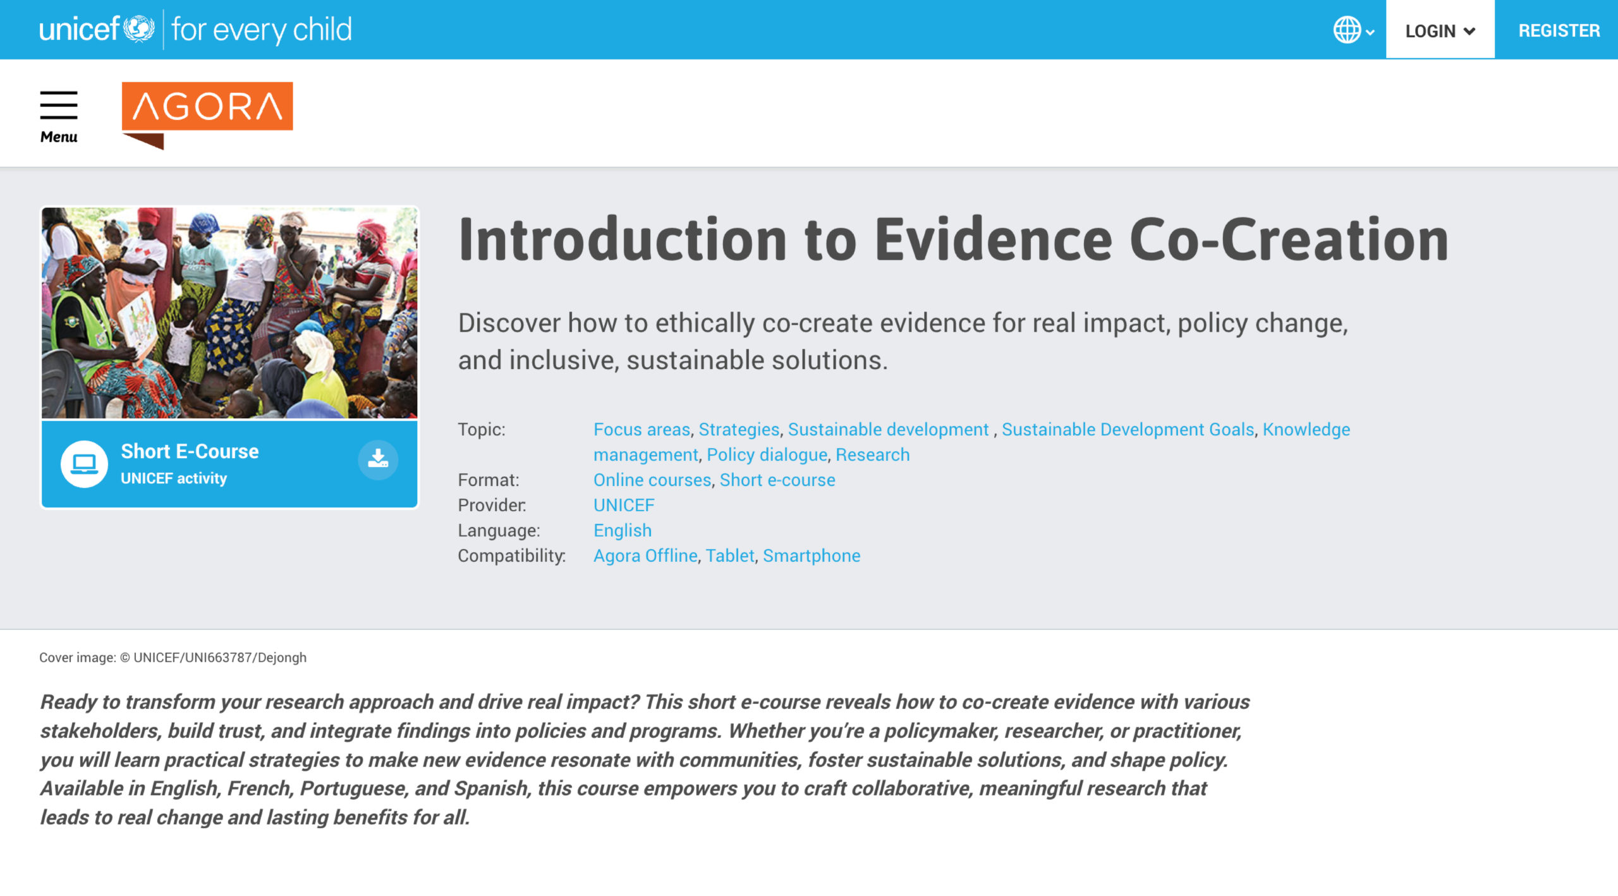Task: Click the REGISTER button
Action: (x=1559, y=30)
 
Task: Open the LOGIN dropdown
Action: (x=1440, y=30)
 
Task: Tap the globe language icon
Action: (x=1347, y=30)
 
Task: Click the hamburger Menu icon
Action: (x=59, y=105)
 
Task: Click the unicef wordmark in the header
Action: (x=79, y=29)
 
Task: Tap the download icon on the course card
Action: (x=378, y=459)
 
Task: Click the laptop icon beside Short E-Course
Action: (x=84, y=464)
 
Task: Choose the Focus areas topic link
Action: (x=642, y=429)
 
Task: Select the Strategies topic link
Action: (x=739, y=430)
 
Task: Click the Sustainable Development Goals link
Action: (x=1128, y=430)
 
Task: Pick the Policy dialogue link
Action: (x=767, y=455)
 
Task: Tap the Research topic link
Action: (x=873, y=454)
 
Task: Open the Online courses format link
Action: (x=652, y=480)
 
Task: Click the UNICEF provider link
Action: (x=624, y=505)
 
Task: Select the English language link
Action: (x=623, y=531)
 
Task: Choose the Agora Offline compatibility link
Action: (x=645, y=555)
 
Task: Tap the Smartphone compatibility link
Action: (x=812, y=556)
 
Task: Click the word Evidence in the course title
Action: (x=993, y=239)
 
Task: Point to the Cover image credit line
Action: (x=173, y=657)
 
